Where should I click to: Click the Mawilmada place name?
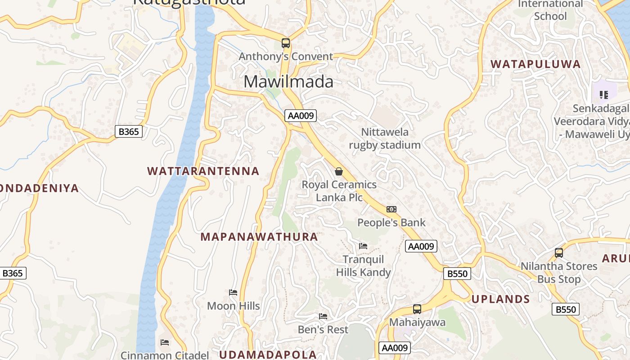(x=288, y=82)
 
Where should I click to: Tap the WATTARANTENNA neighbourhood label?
(x=203, y=171)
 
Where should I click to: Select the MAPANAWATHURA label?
(x=259, y=237)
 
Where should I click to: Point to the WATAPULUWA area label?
(x=535, y=64)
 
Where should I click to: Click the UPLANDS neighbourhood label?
(x=500, y=299)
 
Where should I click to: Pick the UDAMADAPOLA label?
(x=268, y=355)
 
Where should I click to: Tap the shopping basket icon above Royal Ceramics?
(x=339, y=171)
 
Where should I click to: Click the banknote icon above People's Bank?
(x=391, y=209)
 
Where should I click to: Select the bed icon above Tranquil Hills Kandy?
(x=363, y=246)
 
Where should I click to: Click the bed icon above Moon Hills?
(x=233, y=292)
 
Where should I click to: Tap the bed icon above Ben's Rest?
(x=323, y=316)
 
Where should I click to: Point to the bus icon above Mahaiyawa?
(x=417, y=309)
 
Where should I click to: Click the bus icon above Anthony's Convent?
(x=286, y=43)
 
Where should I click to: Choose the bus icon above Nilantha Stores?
(x=559, y=253)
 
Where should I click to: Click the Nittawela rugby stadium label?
(x=385, y=138)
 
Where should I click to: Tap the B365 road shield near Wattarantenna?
(x=129, y=131)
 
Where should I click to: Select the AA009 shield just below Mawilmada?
(x=301, y=116)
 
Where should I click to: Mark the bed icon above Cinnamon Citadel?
(x=165, y=342)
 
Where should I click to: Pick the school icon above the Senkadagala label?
(x=604, y=95)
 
